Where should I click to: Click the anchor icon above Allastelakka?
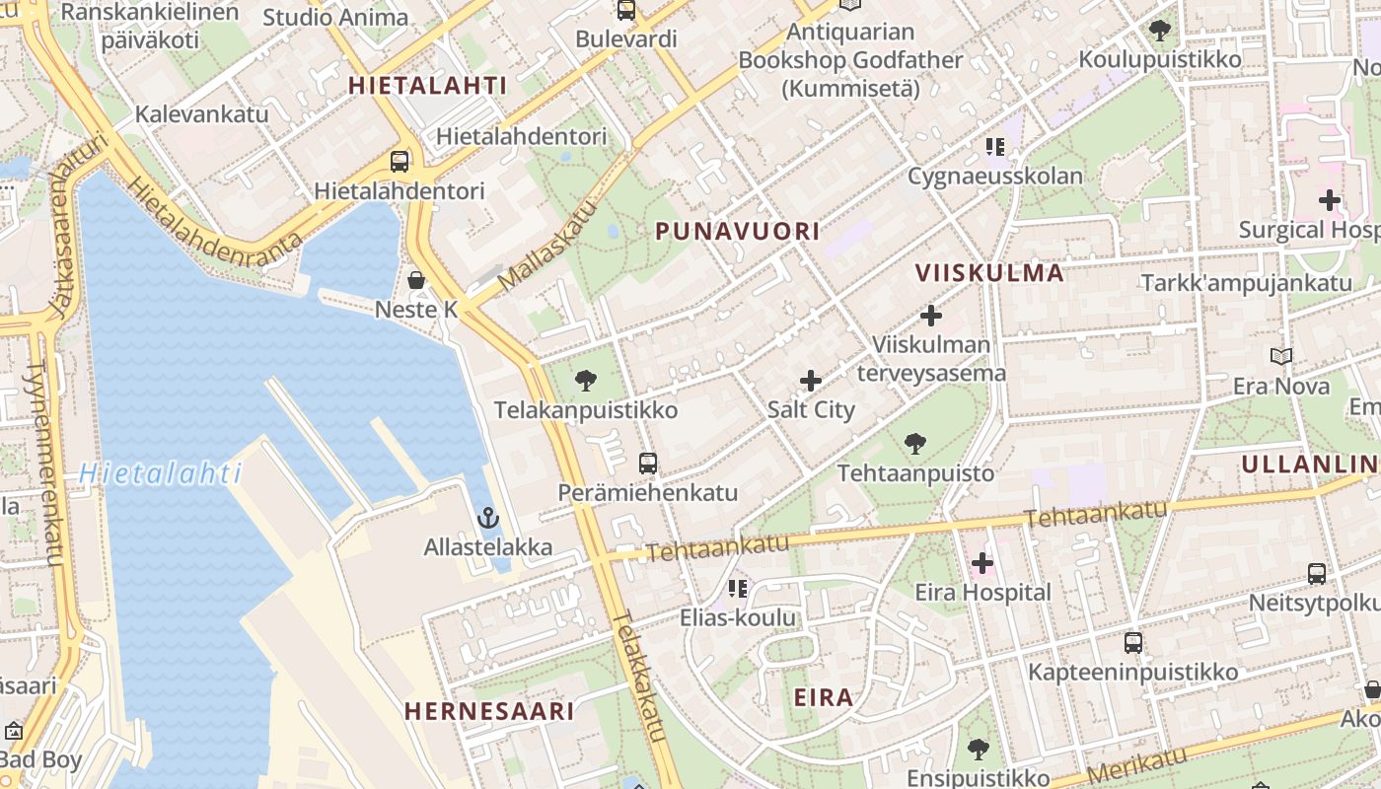[487, 518]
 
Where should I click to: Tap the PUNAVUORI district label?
[738, 232]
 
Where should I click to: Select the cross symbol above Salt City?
[811, 381]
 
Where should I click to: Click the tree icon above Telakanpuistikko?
[586, 381]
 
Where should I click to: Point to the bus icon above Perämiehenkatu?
[648, 463]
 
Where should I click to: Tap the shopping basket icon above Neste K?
[416, 280]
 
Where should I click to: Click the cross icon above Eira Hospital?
[982, 564]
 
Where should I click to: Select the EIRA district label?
[824, 698]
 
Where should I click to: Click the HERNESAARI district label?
[489, 711]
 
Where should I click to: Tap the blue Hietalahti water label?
[160, 474]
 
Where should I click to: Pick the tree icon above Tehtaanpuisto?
[915, 444]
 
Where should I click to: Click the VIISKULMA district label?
[989, 273]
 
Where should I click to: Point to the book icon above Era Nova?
[1280, 356]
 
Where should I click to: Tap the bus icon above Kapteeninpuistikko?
[1133, 643]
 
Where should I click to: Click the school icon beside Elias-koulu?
[737, 590]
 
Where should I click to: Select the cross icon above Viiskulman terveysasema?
[930, 316]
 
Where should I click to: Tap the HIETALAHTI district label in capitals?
[427, 86]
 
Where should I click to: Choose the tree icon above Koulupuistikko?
[1160, 31]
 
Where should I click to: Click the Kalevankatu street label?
[201, 113]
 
